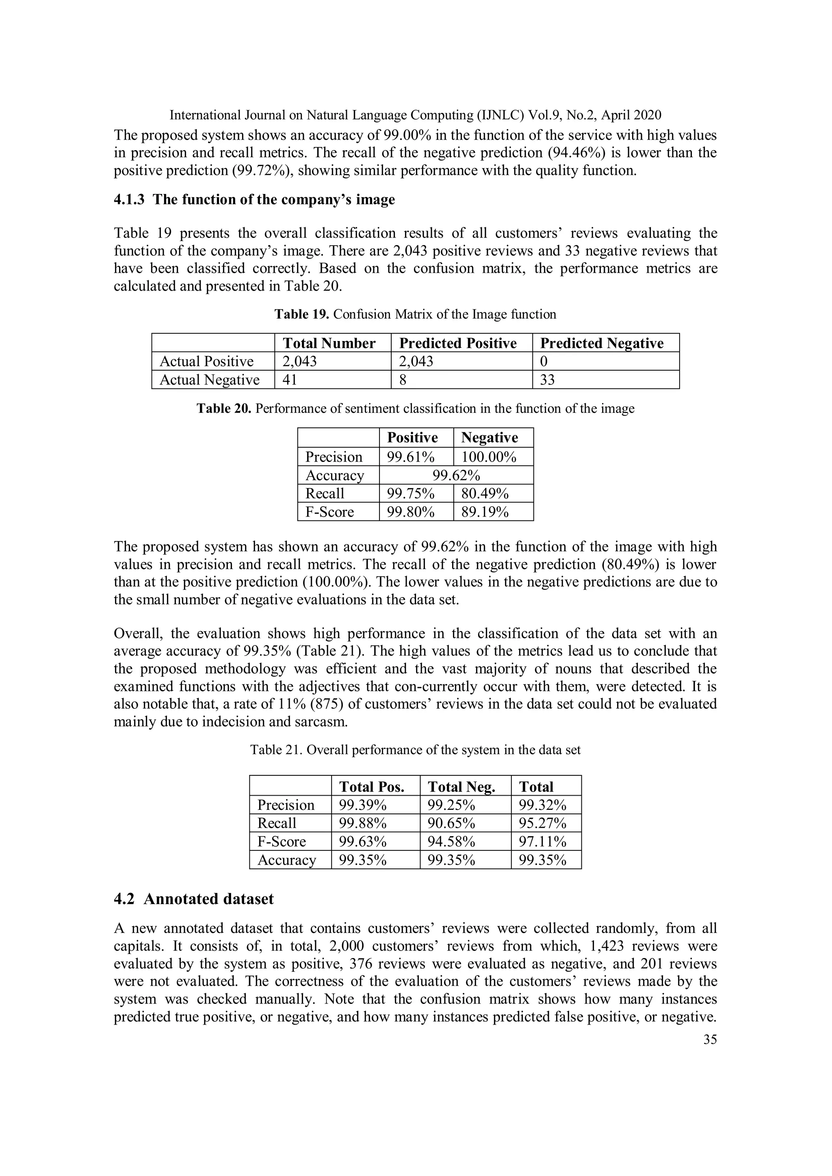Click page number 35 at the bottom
coord(709,1039)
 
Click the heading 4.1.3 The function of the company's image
coord(254,199)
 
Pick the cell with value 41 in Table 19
coord(290,380)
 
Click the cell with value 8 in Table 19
coord(403,380)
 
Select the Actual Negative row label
coord(209,380)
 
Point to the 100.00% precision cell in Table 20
coord(489,457)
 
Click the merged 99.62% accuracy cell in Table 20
coord(456,475)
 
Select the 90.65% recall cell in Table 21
coord(451,823)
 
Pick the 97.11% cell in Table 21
coord(542,842)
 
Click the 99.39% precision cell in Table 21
coord(362,805)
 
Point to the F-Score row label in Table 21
coord(282,842)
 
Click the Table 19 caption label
coord(301,314)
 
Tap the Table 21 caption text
coord(415,750)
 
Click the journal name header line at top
coord(415,115)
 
